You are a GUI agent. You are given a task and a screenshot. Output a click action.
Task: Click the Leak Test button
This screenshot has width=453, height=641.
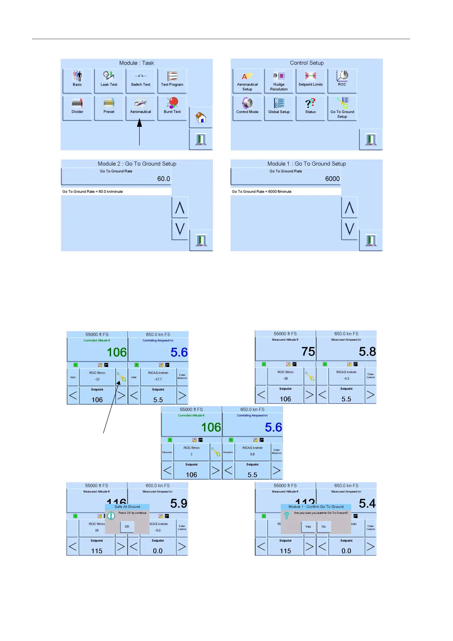(109, 80)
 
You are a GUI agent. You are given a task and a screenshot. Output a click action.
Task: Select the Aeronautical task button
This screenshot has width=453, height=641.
(140, 107)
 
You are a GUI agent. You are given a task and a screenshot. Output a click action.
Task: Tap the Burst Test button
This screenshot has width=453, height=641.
(172, 107)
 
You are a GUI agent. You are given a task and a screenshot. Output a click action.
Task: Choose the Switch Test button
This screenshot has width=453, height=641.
(140, 80)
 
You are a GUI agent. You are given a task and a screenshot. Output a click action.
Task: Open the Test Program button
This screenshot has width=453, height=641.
(172, 80)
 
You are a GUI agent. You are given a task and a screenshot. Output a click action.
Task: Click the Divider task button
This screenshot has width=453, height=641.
(77, 107)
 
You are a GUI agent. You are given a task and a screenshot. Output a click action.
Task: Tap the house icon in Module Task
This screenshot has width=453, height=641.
(200, 117)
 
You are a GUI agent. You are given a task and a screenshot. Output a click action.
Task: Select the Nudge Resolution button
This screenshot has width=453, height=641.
(279, 81)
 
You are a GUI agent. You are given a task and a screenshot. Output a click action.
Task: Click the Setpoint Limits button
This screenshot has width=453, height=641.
(310, 80)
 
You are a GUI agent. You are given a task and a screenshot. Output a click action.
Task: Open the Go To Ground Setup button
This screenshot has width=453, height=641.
(342, 108)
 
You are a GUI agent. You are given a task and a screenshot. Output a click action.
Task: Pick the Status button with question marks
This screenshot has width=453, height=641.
(310, 107)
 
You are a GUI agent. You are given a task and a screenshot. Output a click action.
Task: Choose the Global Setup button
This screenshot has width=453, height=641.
(279, 107)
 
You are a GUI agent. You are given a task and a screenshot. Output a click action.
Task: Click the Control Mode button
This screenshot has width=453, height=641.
(247, 107)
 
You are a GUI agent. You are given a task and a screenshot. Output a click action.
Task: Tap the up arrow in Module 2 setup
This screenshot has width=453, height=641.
(180, 207)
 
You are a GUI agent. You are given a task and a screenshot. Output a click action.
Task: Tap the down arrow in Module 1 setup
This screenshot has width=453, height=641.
(350, 229)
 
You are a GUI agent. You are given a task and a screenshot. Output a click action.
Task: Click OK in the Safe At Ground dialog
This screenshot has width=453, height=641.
(127, 527)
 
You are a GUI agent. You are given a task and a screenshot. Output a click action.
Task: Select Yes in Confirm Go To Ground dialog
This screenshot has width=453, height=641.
(308, 527)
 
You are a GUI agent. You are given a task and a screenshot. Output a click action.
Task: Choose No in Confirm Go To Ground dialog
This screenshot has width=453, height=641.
(324, 527)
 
